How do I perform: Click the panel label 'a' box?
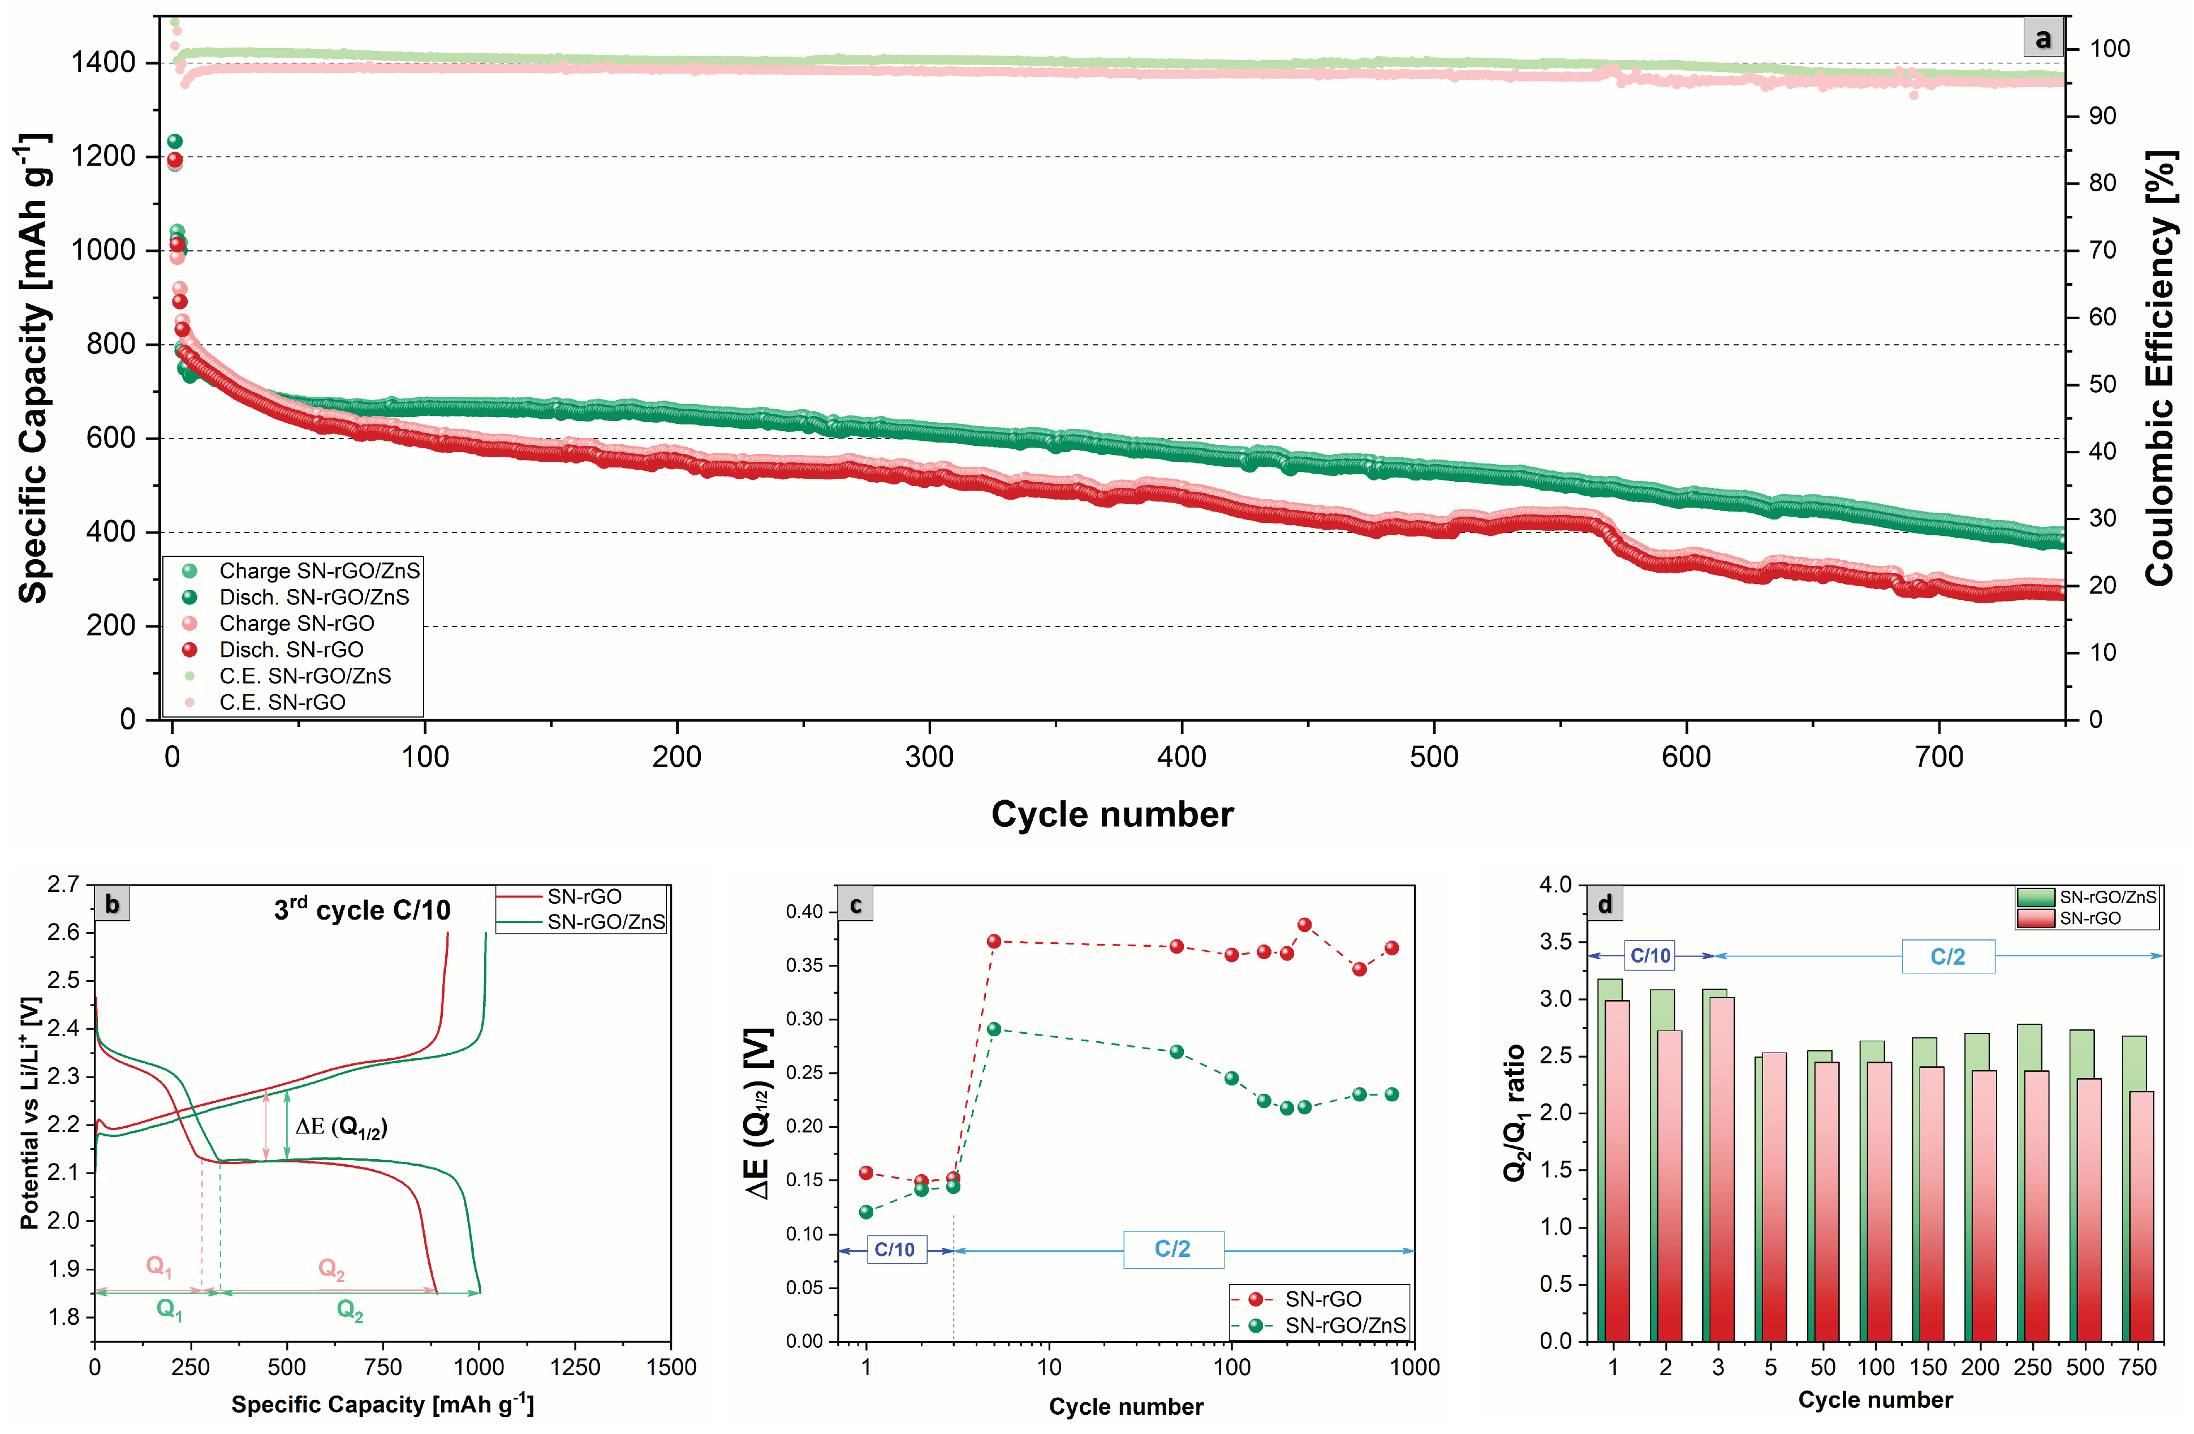[2043, 38]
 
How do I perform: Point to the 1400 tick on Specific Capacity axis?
[104, 63]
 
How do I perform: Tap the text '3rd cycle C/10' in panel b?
[363, 910]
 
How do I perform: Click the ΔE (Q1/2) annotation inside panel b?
[341, 1127]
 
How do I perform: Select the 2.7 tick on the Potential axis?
[63, 885]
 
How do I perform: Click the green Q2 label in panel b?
[350, 1311]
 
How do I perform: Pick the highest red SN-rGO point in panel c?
[1304, 925]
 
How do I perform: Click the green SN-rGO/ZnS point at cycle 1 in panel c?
[865, 1212]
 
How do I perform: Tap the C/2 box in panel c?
[1173, 1250]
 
